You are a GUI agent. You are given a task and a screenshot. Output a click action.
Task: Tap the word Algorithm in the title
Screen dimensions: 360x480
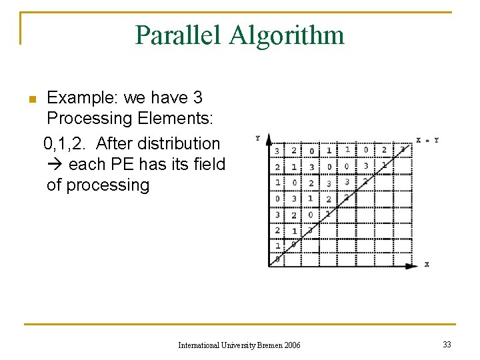(287, 35)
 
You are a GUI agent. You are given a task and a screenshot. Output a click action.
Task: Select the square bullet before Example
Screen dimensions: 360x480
(31, 100)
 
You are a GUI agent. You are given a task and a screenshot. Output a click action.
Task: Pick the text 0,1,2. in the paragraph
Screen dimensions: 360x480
(67, 143)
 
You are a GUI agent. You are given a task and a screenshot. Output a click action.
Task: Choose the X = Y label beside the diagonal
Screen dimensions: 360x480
(427, 140)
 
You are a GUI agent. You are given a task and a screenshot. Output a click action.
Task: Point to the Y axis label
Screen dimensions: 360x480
(257, 138)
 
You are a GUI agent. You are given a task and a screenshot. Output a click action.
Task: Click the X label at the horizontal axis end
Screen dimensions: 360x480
(427, 265)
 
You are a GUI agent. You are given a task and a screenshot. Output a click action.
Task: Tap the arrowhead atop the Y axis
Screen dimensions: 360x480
(269, 138)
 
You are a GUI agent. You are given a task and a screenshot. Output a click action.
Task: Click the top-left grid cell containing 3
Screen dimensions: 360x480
(277, 151)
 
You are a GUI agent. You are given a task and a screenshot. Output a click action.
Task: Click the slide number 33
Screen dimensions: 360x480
(447, 344)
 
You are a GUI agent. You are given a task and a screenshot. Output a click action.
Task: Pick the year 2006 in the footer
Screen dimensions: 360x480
(292, 345)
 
